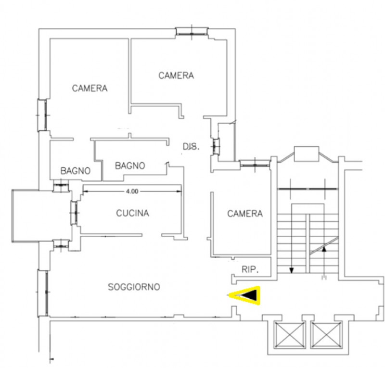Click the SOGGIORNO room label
point(134,287)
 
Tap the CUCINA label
point(133,213)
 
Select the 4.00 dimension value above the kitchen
point(132,191)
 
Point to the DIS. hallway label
point(191,147)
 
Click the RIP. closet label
point(250,269)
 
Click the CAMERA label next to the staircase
point(245,214)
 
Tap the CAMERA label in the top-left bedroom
point(90,88)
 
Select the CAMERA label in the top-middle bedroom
point(176,76)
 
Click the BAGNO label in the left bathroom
point(76,171)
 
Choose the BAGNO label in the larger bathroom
point(130,165)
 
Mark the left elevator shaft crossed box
point(290,335)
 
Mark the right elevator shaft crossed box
point(326,335)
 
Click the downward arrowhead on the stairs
point(292,270)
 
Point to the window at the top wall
point(192,31)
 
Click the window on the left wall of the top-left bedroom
point(42,115)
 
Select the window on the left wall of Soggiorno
point(42,292)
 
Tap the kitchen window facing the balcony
point(74,213)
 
